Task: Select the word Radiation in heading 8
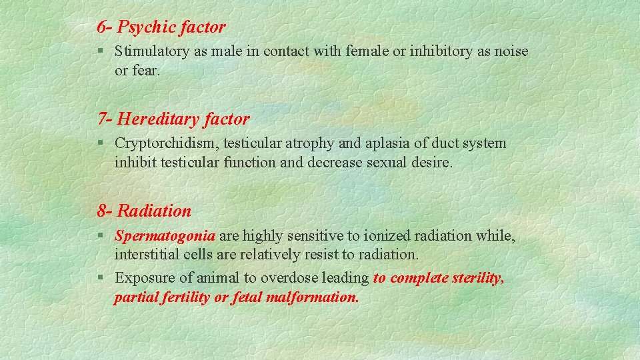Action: (x=154, y=211)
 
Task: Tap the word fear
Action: (x=145, y=69)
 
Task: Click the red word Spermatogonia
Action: (x=165, y=235)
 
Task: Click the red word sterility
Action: (x=474, y=278)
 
